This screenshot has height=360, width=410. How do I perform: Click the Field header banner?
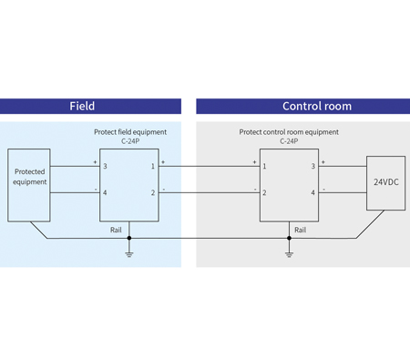click(x=82, y=106)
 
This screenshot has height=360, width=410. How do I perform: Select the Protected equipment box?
click(x=28, y=182)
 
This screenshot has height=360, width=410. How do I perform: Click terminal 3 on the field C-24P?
click(x=105, y=167)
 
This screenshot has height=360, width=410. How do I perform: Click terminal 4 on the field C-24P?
click(x=105, y=193)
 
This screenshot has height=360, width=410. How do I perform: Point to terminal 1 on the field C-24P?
click(x=153, y=167)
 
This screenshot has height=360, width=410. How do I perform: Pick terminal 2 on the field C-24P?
click(x=153, y=193)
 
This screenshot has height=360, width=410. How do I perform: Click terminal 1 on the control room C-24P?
click(x=264, y=167)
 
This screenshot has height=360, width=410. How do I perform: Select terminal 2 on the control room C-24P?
click(x=264, y=193)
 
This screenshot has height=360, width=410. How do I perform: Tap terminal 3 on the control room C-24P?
click(x=313, y=167)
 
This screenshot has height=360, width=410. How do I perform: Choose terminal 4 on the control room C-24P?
click(x=313, y=193)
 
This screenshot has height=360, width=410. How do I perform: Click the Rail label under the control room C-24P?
click(x=300, y=230)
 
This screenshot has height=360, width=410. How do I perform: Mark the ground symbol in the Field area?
click(x=129, y=252)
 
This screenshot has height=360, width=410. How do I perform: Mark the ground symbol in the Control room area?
click(x=289, y=252)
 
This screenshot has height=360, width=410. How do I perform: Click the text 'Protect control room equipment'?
click(x=288, y=131)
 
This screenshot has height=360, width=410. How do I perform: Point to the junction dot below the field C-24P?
click(x=129, y=240)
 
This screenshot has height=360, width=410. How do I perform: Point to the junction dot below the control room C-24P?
click(x=289, y=240)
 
